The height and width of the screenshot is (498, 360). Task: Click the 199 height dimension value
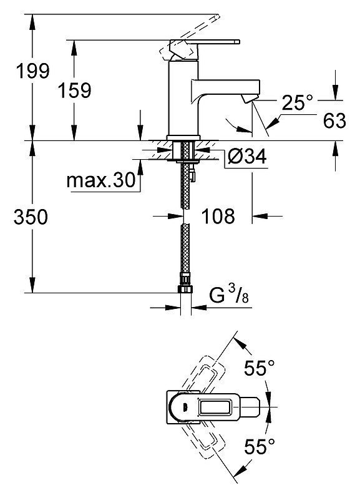coord(33,71)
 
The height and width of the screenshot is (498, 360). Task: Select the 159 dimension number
coord(75,90)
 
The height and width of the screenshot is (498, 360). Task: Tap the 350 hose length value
coord(31,217)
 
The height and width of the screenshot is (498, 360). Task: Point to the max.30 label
coord(101,180)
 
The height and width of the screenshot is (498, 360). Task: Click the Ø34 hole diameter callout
coord(247,156)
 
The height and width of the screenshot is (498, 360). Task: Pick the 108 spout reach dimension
coord(218,216)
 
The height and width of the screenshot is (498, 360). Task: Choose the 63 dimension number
coord(334,120)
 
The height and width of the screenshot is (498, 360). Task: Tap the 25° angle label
coord(297,102)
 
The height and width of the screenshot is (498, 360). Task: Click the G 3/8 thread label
coord(229,295)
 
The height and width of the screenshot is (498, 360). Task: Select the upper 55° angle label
coord(259,368)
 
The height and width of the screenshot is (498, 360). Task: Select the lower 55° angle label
coord(259,446)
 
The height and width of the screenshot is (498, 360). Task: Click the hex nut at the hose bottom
coord(185,289)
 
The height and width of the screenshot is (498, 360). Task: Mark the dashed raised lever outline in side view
coord(190,38)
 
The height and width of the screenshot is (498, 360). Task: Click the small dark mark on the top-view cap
coord(185,406)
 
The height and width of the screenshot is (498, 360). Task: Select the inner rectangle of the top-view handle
coord(215,406)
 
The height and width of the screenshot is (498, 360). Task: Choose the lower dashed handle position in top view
coord(203,438)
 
